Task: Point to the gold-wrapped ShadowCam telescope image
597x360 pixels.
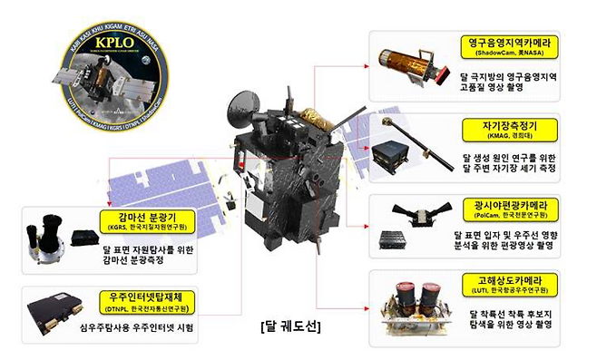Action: (x=414, y=64)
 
